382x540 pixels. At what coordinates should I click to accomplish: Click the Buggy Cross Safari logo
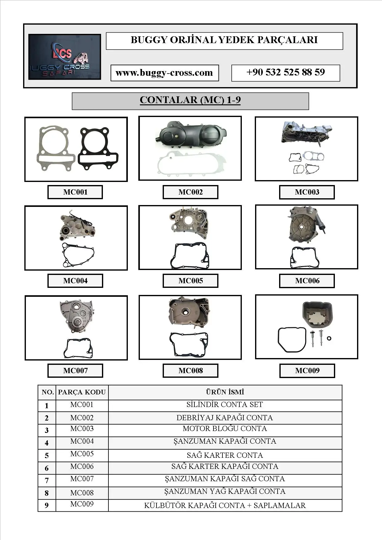pos(64,57)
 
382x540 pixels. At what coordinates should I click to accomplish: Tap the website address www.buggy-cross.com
pos(165,73)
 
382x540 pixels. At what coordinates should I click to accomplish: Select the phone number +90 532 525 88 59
pos(286,73)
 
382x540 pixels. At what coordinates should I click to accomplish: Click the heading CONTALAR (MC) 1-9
pos(190,100)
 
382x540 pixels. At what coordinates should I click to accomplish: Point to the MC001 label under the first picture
pos(75,192)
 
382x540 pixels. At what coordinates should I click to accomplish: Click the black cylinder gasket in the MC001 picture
pos(98,149)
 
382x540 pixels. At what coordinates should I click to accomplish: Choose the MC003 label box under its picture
pos(307,192)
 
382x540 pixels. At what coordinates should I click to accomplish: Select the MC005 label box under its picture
pos(190,281)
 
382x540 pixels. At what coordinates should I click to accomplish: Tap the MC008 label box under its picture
pos(190,371)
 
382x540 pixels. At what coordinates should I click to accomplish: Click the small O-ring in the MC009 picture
pos(329,339)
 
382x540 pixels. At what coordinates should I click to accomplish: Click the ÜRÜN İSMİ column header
pos(225,392)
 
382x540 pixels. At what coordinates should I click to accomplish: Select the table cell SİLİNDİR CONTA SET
pos(225,405)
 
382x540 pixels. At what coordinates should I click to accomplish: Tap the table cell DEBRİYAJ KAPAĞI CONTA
pos(225,418)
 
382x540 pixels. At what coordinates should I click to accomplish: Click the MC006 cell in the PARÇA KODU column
pos(82,467)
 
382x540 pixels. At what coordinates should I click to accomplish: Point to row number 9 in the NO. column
pos(47,506)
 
